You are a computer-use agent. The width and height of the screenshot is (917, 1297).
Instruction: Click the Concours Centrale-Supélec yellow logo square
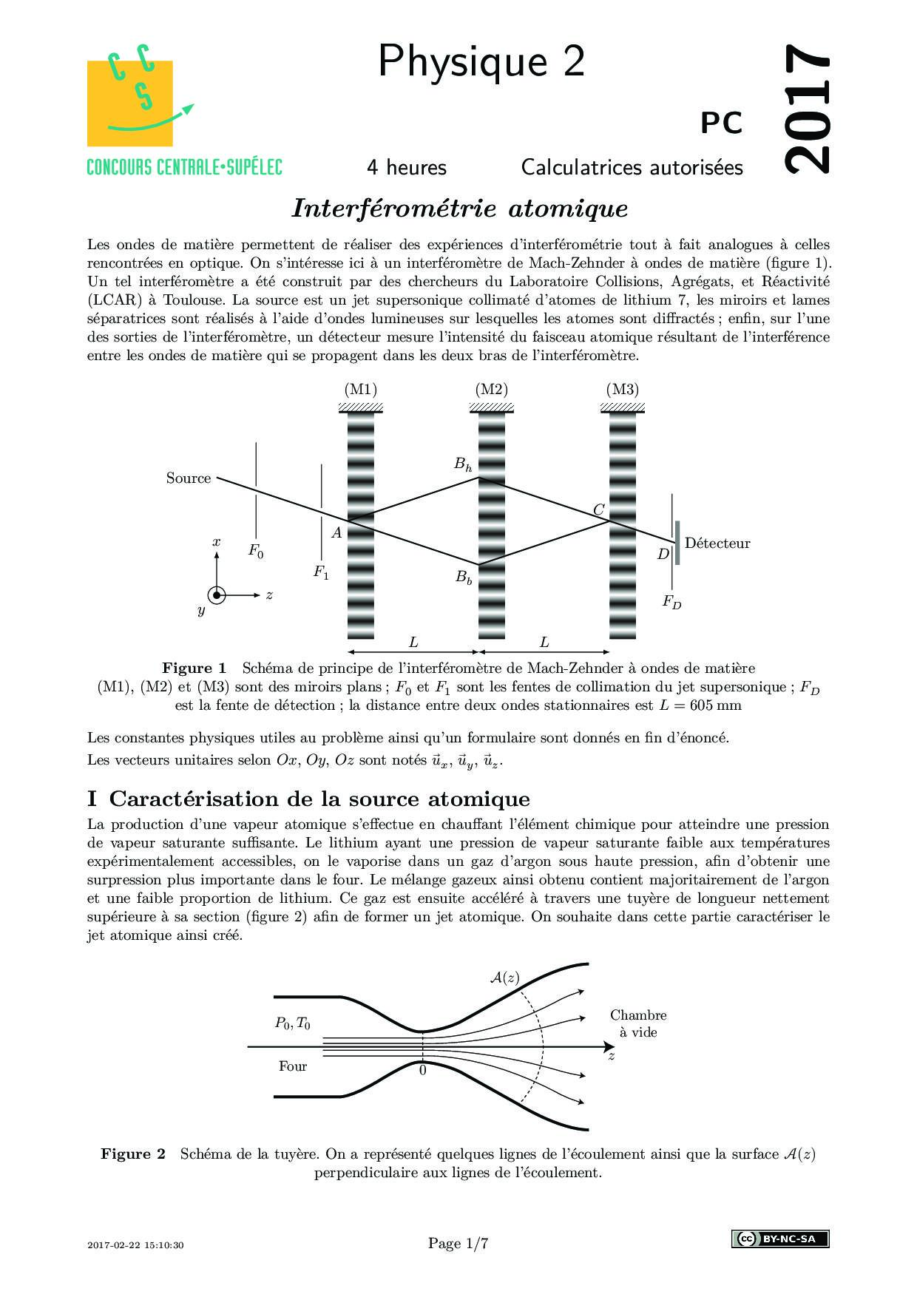(130, 103)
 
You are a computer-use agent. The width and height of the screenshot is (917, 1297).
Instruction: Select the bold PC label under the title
(722, 123)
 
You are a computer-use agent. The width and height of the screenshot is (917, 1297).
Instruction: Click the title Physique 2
(481, 61)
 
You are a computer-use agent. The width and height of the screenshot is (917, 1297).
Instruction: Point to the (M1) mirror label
(361, 389)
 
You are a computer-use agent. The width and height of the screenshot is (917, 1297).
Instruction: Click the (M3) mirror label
(622, 389)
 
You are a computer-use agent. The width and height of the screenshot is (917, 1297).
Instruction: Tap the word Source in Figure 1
(189, 478)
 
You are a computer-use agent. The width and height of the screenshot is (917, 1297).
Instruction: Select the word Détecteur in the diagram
(717, 543)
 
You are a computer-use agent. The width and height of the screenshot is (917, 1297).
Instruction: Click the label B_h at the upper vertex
(463, 464)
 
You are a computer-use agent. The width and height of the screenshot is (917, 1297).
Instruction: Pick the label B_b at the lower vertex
(464, 577)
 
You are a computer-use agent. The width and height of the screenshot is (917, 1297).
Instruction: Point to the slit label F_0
(256, 551)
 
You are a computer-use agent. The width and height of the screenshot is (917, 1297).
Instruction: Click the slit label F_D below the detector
(671, 602)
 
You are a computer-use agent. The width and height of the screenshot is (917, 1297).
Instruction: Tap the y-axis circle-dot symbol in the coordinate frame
(217, 595)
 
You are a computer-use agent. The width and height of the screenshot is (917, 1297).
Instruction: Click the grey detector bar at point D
(677, 543)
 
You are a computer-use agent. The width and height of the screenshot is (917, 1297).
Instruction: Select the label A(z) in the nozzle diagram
(504, 978)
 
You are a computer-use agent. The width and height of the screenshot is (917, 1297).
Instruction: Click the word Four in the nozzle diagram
(293, 1066)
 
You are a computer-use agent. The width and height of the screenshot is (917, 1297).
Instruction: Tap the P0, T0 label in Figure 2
(293, 1023)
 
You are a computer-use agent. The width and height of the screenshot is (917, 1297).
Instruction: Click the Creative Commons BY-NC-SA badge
(779, 1239)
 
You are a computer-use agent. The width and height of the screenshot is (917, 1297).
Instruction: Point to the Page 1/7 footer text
(458, 1243)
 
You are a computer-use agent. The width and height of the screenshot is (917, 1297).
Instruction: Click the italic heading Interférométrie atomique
(459, 209)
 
